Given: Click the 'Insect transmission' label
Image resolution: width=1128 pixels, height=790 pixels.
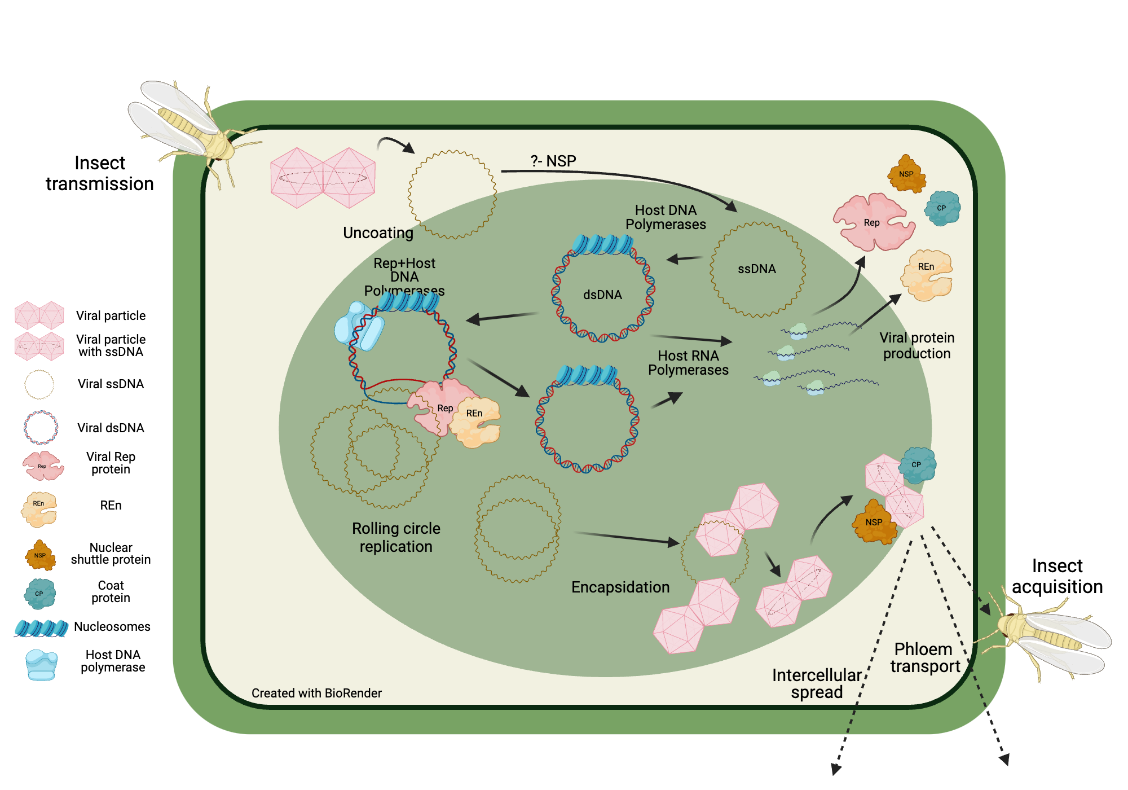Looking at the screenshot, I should click(x=100, y=173).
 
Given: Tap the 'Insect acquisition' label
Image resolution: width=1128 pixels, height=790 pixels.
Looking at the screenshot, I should click(x=1057, y=576).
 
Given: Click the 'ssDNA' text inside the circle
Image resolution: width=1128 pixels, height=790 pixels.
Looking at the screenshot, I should click(x=757, y=269).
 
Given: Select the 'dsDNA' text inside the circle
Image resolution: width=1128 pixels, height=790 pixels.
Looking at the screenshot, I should click(x=602, y=295).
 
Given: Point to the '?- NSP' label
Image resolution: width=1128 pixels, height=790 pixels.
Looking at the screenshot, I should click(x=553, y=161).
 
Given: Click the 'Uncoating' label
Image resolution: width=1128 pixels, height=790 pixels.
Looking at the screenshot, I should click(x=378, y=232).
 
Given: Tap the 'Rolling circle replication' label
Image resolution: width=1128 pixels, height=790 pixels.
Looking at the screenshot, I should click(x=396, y=537).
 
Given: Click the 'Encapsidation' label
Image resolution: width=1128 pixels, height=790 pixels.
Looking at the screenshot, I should click(x=620, y=587).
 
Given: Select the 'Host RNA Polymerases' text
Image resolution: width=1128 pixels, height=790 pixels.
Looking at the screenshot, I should click(x=688, y=363).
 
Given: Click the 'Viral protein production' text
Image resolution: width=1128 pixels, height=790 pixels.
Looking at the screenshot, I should click(x=916, y=345).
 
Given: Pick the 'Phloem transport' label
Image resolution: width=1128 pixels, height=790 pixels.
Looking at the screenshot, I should click(x=924, y=657).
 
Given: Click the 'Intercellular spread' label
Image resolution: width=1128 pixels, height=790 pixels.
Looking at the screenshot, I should click(x=816, y=683).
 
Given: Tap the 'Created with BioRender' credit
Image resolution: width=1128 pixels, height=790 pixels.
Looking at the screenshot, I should click(x=316, y=693).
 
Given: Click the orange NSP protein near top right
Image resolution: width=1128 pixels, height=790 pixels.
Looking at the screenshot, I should click(x=906, y=174).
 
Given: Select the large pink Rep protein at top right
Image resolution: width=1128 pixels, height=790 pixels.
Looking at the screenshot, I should click(x=872, y=222).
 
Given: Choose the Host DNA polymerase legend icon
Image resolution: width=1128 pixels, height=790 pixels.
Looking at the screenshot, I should click(x=41, y=665).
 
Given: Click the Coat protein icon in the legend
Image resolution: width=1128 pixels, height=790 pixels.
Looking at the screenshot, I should click(x=39, y=593).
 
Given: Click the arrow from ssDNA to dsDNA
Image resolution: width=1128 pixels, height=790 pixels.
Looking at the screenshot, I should click(x=685, y=259).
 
